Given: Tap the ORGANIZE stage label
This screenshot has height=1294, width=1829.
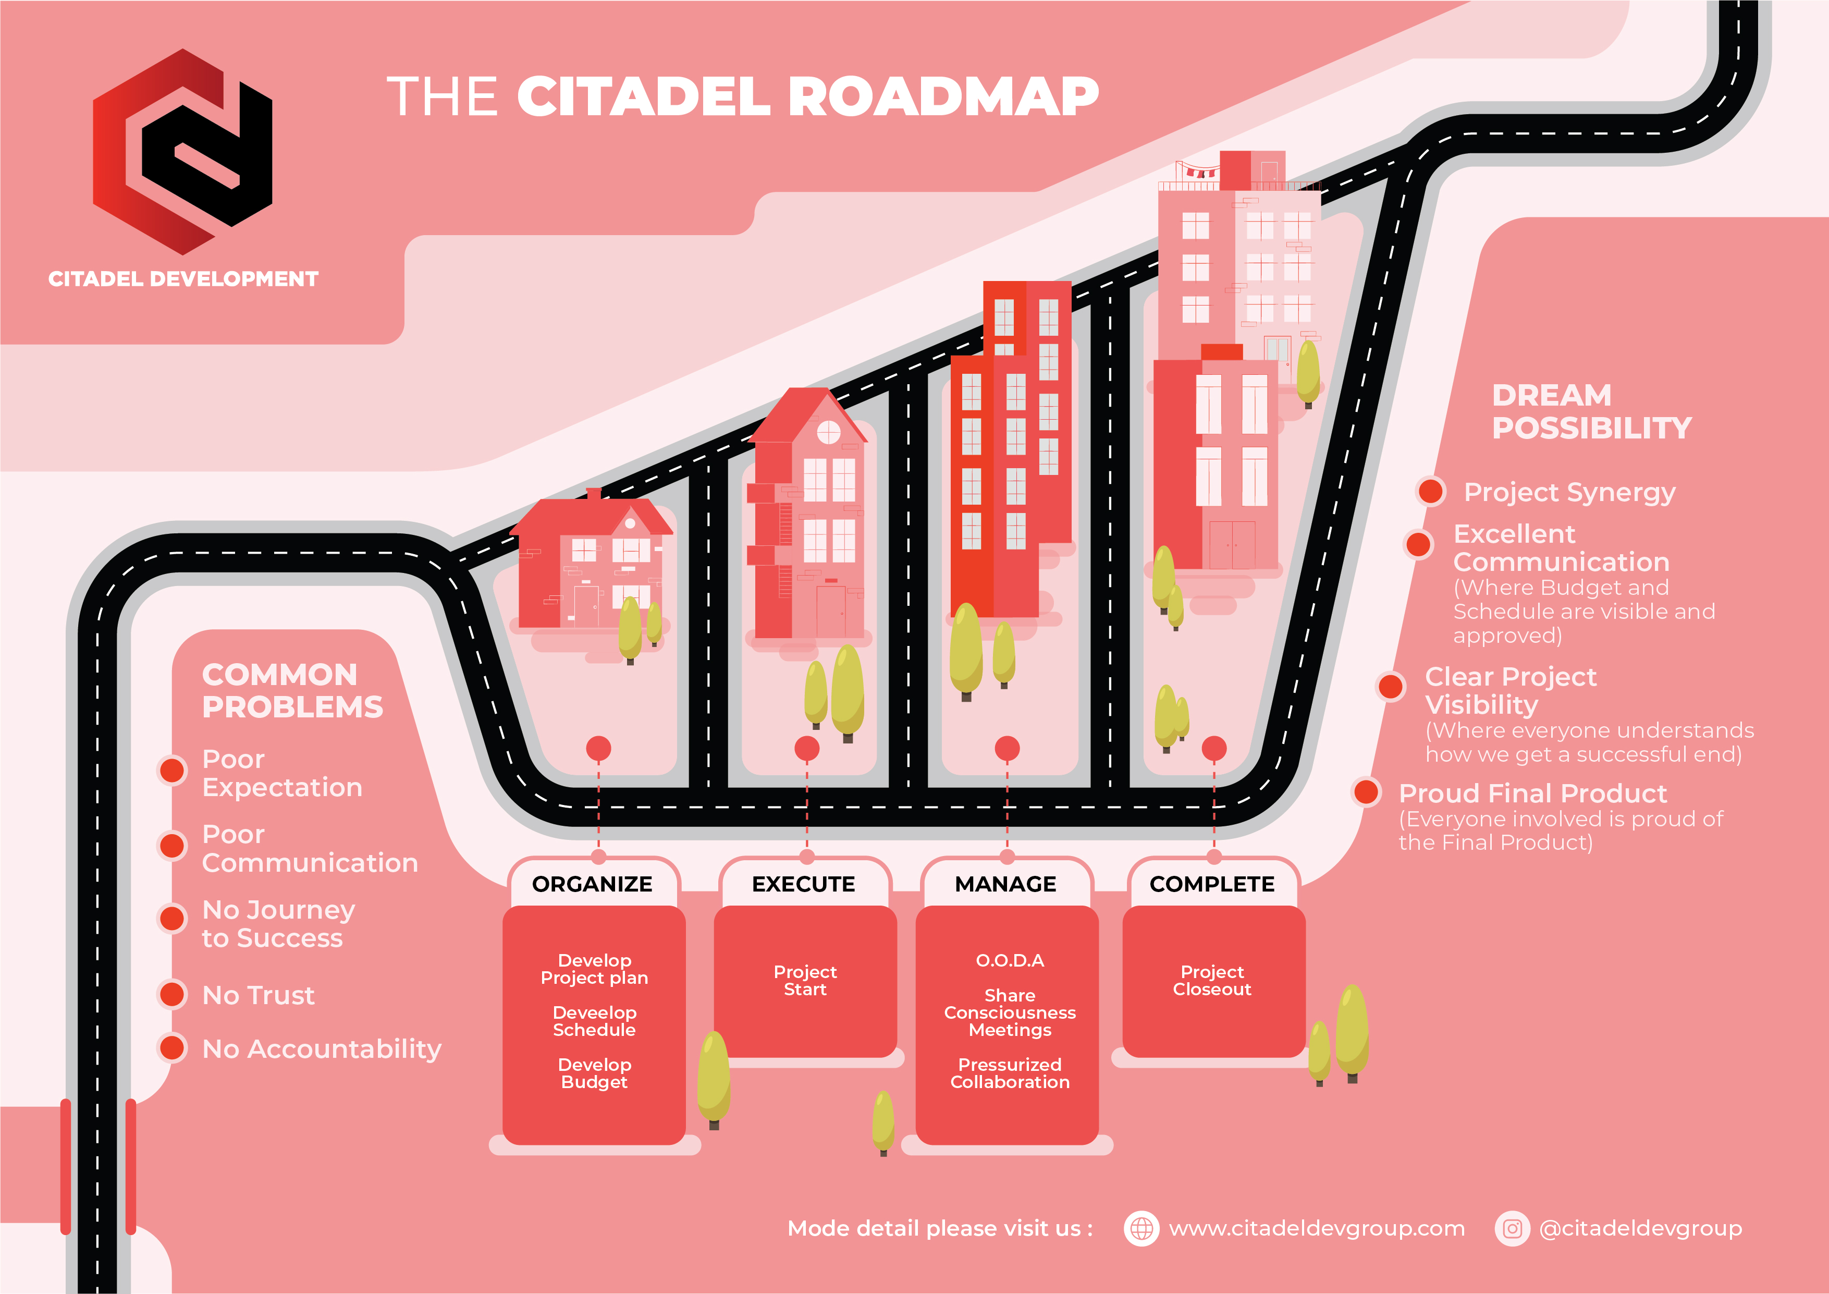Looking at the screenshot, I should tap(592, 884).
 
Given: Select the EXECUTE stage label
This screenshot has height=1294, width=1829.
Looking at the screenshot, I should tap(803, 884).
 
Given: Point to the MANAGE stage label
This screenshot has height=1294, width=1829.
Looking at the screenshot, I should tap(1005, 884).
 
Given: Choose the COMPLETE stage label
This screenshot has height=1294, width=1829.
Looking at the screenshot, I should tap(1212, 884).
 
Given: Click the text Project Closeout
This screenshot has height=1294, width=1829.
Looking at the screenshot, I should tap(1212, 980).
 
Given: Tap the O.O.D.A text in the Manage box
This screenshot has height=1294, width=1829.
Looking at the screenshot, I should tap(1009, 960).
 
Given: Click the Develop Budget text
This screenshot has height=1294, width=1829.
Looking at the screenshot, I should tap(594, 1073).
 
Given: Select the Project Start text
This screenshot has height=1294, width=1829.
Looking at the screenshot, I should tap(805, 980).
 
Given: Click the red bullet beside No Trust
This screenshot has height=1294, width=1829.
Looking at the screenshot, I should tap(172, 994).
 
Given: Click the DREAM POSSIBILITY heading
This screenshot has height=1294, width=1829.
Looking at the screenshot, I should tap(1591, 411).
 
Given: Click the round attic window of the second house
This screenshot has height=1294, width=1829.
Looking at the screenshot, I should tap(828, 432).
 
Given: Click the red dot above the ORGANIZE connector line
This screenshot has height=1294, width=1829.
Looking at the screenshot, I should tap(598, 748).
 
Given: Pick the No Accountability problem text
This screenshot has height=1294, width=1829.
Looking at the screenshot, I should tap(322, 1048).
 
